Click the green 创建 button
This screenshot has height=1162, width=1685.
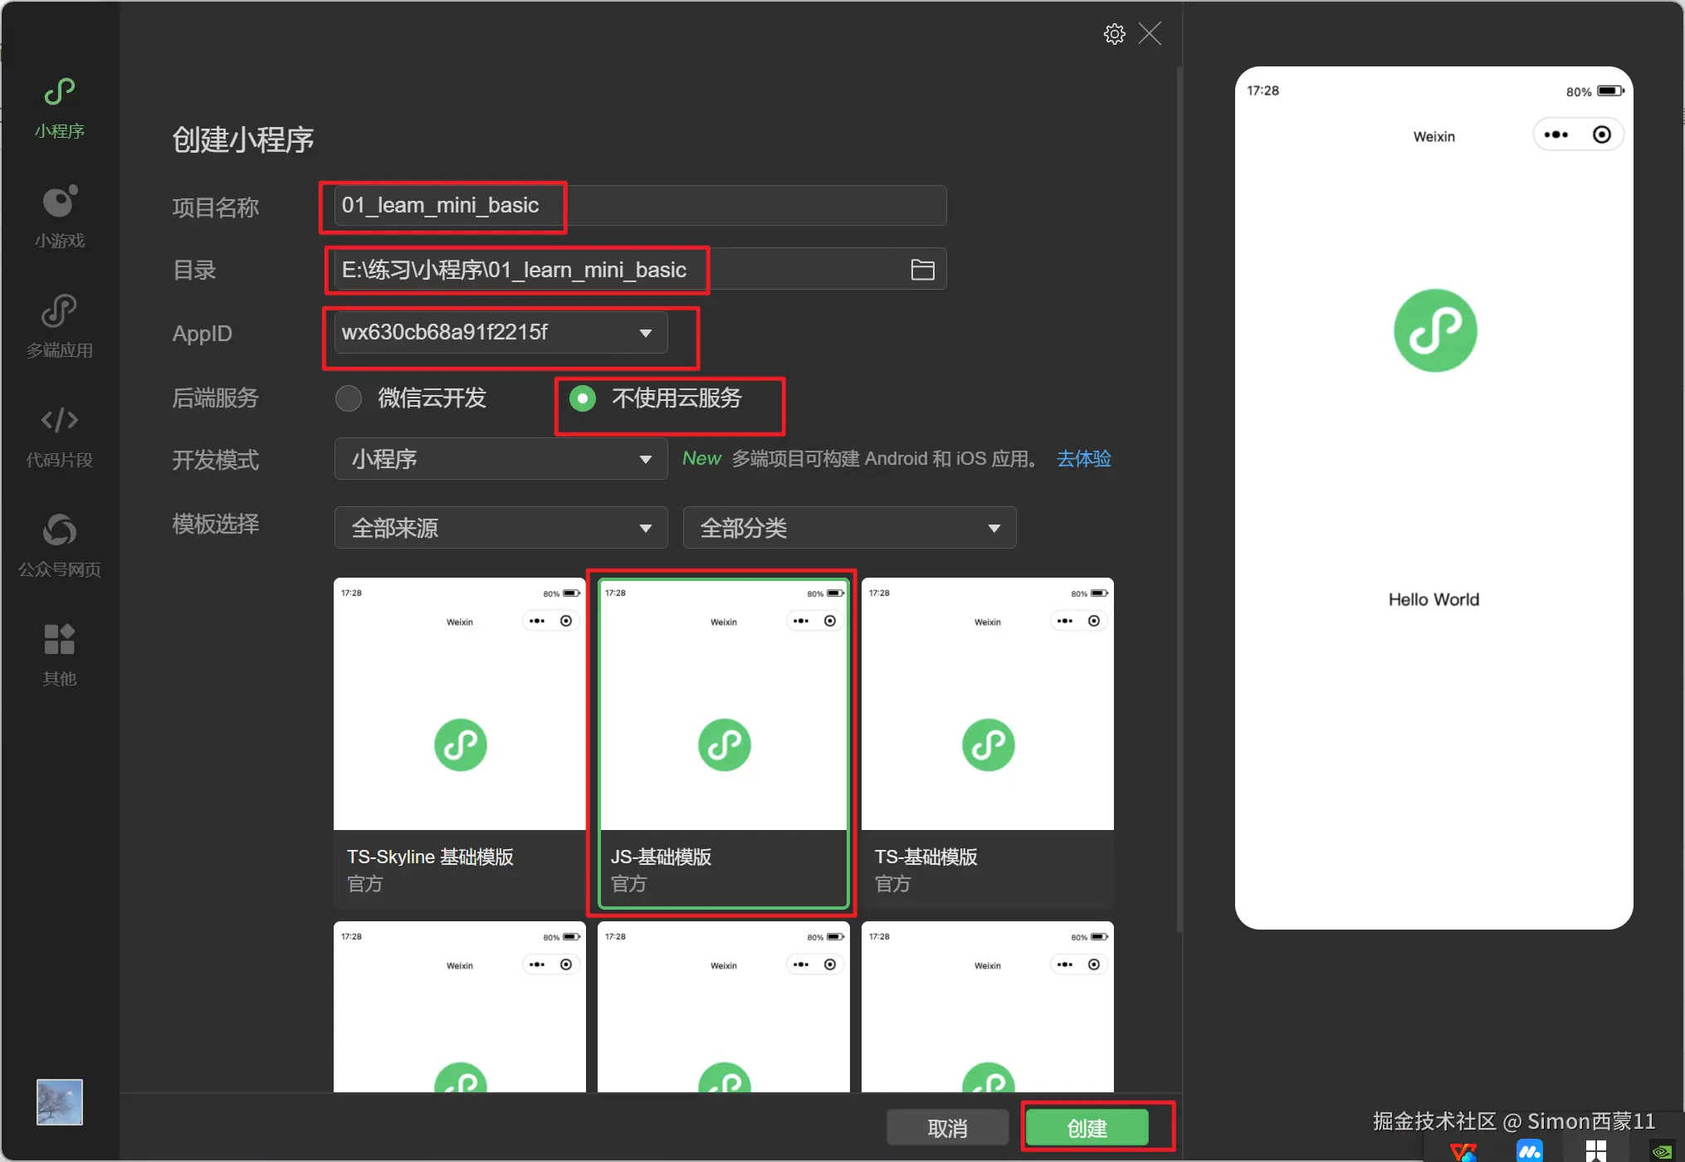(1087, 1127)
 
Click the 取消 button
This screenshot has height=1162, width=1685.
(947, 1127)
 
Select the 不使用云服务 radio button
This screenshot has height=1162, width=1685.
(583, 398)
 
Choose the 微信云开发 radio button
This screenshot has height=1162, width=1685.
(349, 398)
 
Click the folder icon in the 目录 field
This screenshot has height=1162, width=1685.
(922, 270)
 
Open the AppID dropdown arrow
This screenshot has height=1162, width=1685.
(645, 333)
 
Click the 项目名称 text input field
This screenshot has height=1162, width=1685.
(640, 205)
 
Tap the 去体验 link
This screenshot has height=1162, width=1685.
(1083, 458)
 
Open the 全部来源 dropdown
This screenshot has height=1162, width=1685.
(501, 528)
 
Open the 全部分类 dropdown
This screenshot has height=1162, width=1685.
(849, 528)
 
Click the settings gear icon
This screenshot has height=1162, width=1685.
(1114, 34)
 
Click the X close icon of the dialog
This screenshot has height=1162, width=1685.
(1150, 34)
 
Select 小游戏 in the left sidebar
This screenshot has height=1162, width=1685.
(60, 216)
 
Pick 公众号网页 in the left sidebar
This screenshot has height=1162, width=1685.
(60, 545)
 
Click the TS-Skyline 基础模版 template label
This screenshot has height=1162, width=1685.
(430, 857)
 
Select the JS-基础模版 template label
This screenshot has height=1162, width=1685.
(661, 857)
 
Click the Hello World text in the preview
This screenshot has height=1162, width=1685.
(1433, 599)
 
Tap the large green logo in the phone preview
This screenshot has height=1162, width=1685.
(1435, 330)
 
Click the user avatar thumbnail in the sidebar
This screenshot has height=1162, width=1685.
(60, 1102)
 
